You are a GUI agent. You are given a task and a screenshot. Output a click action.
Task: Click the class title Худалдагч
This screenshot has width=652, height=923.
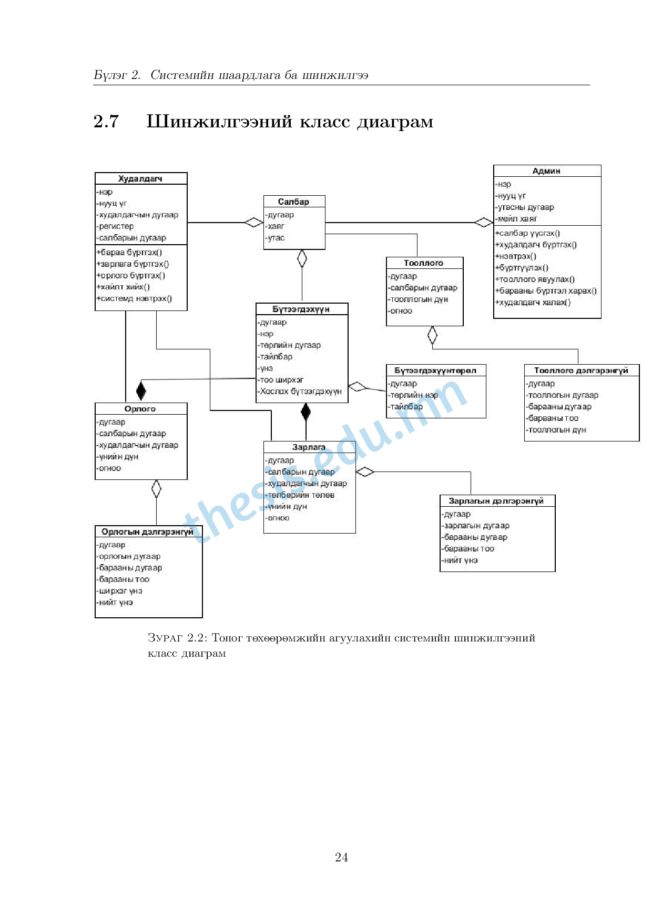pos(140,179)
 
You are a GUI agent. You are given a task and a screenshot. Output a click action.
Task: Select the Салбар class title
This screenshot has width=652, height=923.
pos(293,202)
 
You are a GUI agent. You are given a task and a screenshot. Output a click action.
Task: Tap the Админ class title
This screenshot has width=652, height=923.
pos(546,171)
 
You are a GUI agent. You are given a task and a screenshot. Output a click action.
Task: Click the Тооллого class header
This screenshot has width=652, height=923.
pos(424,263)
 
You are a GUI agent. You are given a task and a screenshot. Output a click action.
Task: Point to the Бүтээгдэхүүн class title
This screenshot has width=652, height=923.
pos(301,309)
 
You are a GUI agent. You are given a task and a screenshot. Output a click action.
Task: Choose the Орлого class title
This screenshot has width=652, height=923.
pos(140,409)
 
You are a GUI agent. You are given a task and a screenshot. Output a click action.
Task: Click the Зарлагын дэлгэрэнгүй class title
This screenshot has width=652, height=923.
pos(496,501)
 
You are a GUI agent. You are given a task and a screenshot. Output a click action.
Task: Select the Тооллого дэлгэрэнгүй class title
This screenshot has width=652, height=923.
pos(581,370)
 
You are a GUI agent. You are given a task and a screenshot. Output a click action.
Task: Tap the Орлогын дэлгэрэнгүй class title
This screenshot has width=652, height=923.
pos(148,532)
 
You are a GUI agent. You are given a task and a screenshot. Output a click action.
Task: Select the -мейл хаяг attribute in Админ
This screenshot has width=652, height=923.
pos(517,218)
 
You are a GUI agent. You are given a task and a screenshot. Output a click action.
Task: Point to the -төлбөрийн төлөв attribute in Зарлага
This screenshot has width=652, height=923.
pos(300,495)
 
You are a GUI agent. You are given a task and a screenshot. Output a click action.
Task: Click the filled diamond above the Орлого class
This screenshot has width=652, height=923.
pos(141,390)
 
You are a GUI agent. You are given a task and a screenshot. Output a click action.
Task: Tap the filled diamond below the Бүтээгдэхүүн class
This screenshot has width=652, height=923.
pos(306,412)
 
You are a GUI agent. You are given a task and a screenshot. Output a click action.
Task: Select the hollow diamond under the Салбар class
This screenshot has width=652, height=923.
pos(302,258)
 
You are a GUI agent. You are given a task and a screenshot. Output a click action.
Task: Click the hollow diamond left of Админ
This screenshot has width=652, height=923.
pos(484,222)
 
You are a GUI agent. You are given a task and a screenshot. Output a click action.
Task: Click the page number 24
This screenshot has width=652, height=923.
pos(341,857)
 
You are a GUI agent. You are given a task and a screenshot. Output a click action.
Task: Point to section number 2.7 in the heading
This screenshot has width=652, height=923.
pos(106,122)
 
